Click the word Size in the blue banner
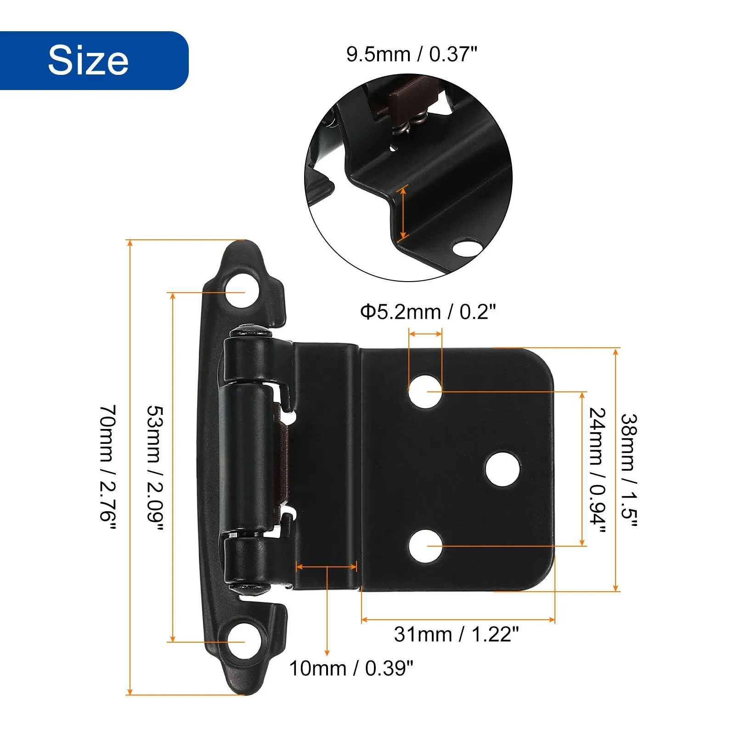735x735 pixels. [x=88, y=60]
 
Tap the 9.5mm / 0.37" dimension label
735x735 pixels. [x=412, y=54]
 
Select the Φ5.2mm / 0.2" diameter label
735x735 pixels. [x=428, y=312]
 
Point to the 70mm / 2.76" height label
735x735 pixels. [x=108, y=469]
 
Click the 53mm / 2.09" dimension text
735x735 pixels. [x=155, y=469]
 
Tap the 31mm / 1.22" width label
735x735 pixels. [x=456, y=634]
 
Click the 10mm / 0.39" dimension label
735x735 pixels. [x=351, y=668]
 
